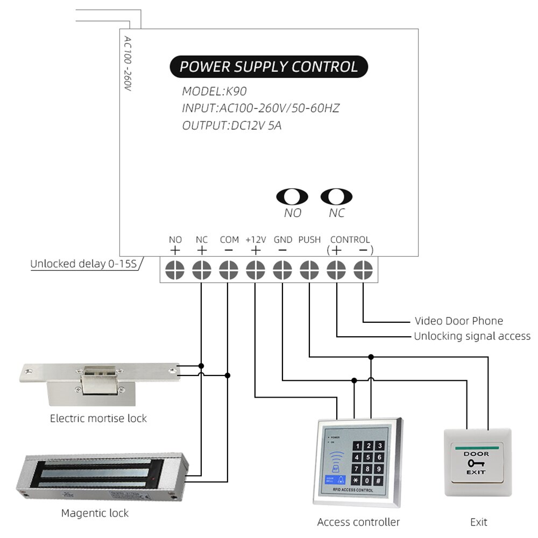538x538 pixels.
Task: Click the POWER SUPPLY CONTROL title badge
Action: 268,67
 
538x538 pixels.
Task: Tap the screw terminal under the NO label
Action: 175,268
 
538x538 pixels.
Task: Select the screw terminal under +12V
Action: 256,268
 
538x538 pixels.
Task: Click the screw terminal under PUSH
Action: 309,268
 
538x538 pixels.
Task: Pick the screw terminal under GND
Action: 282,268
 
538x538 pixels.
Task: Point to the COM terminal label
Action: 229,239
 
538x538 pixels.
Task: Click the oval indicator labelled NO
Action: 292,197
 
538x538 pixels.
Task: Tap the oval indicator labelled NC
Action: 336,197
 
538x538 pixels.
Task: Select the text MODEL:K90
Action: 214,91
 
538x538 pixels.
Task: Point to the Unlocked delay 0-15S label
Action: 83,264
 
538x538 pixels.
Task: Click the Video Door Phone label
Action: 458,321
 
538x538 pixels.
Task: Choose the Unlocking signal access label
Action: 472,336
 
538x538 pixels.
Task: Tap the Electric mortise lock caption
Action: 98,418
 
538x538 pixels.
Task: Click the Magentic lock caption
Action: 95,513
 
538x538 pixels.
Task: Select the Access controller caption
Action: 358,522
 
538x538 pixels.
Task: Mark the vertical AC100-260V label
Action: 128,63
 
